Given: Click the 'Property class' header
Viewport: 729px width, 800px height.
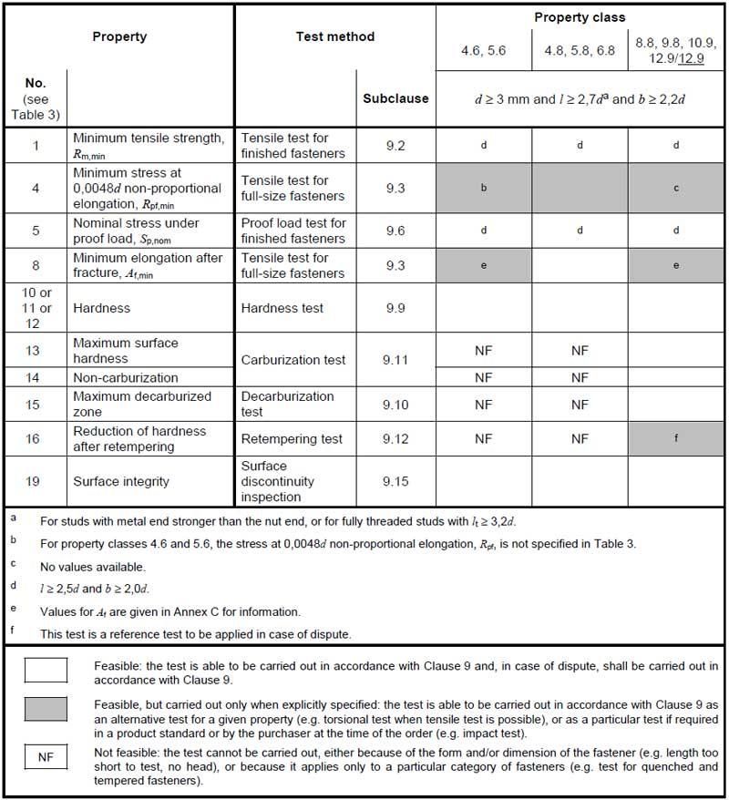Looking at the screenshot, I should [580, 17].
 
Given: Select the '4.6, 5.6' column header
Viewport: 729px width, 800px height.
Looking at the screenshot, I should [483, 50].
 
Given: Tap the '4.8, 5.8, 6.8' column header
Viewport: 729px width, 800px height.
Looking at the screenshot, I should [580, 50].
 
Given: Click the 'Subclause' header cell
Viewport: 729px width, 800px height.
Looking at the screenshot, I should [395, 98].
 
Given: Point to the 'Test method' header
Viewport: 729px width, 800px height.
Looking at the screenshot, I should [335, 37].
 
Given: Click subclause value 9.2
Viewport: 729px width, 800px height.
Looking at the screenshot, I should [395, 145].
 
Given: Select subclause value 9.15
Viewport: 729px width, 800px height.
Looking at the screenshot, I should [395, 481].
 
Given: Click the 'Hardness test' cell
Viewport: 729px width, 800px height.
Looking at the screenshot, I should [282, 308].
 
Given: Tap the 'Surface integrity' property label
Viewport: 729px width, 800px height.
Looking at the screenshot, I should [121, 481].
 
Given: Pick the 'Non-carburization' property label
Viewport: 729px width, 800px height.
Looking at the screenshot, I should [126, 377].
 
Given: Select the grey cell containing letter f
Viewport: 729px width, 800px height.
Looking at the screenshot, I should [676, 439].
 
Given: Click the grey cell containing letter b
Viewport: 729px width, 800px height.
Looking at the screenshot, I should [483, 188].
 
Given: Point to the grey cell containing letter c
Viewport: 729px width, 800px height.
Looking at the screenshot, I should [676, 188].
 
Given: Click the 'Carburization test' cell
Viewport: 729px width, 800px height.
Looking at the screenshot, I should [293, 360].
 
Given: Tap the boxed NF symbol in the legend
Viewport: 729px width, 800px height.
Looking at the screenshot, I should [46, 756].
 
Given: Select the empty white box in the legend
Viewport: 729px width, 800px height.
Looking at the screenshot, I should [46, 671].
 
